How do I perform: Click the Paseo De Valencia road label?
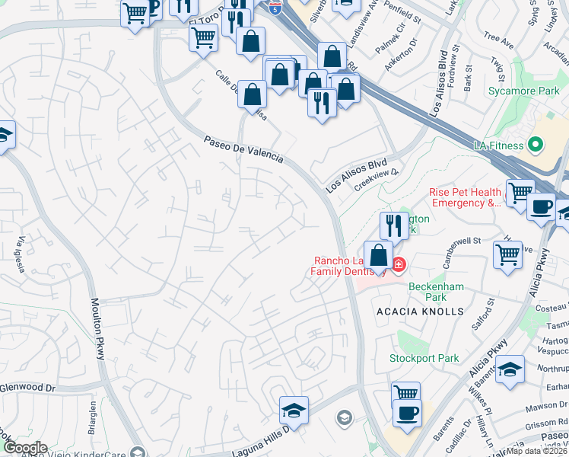click(243, 149)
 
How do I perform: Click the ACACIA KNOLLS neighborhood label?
click(420, 312)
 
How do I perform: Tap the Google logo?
click(24, 448)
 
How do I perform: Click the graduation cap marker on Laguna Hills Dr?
click(294, 411)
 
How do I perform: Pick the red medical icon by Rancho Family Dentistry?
click(399, 265)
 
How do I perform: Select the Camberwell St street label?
click(459, 241)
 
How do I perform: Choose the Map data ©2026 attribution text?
click(537, 451)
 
